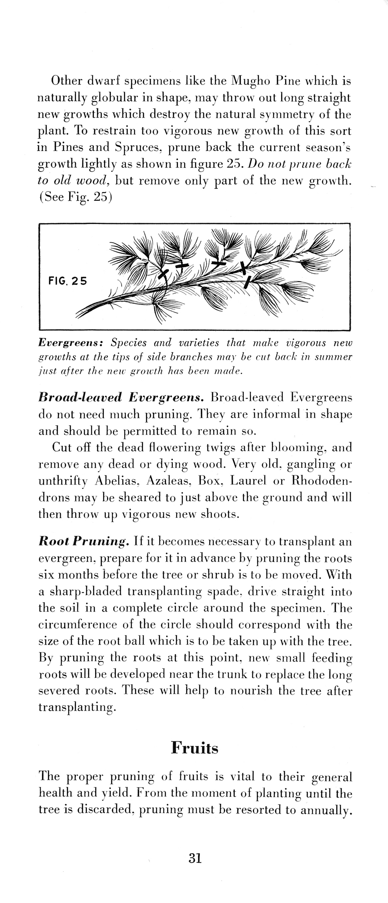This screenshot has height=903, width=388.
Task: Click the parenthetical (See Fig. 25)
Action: point(75,197)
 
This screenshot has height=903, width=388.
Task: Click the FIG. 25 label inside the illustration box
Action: point(67,281)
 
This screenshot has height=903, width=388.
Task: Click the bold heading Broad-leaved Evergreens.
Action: point(121,397)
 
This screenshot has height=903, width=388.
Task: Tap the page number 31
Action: point(195,859)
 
